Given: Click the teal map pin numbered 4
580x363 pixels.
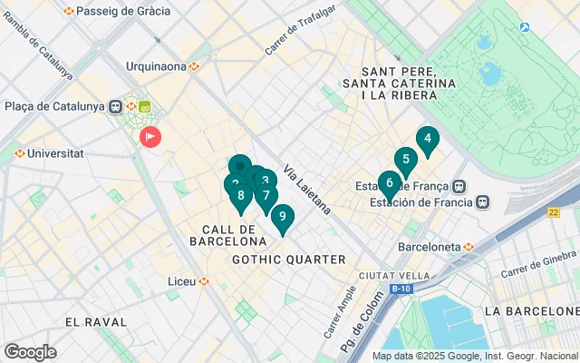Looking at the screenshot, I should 427,140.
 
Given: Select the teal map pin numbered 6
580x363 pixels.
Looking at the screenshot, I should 390,183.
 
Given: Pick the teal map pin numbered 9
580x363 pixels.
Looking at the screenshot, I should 283,217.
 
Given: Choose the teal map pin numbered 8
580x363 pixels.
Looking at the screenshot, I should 240,195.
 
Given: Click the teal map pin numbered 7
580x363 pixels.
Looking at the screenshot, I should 266,195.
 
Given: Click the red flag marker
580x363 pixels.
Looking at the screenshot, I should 150,136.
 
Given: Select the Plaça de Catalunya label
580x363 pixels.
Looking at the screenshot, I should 54,106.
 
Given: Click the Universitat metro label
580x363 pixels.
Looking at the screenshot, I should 54,153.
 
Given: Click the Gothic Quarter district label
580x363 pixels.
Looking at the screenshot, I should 289,260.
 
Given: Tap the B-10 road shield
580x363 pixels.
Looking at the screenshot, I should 401,289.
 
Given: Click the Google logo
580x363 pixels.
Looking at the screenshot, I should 30,352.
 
